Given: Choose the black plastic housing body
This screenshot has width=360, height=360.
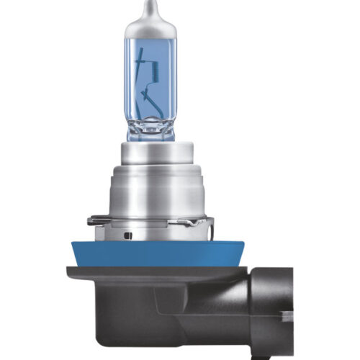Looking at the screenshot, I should coord(158,302).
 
